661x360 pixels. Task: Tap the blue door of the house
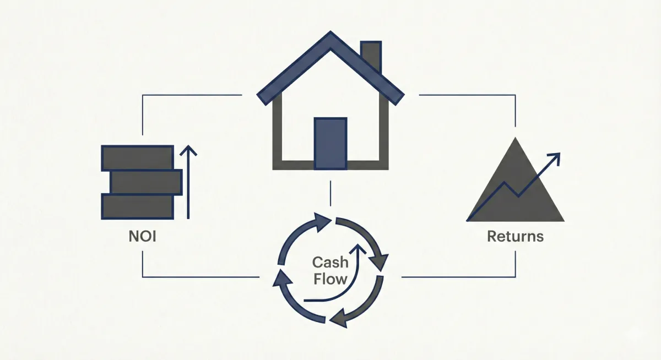tap(330, 143)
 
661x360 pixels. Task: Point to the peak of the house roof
tap(330, 37)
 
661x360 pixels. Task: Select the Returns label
tap(515, 237)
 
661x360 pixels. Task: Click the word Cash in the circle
tap(330, 262)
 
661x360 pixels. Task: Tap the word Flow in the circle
tap(330, 279)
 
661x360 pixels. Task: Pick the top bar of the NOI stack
tap(137, 158)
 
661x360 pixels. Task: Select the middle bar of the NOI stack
tap(146, 182)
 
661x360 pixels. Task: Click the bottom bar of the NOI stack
tap(137, 206)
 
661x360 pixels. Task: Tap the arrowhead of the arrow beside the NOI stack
tap(188, 150)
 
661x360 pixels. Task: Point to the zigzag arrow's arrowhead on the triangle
tap(556, 157)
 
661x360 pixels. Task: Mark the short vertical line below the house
tap(330, 193)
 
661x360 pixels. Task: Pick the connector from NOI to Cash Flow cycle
tap(198, 276)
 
